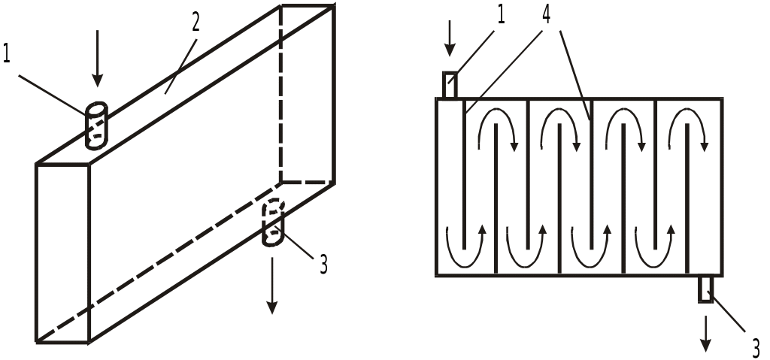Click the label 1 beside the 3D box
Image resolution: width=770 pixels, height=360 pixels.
coord(8,55)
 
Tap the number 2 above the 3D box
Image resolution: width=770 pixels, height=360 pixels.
coord(195,23)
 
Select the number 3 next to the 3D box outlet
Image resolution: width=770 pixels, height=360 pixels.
coord(323,265)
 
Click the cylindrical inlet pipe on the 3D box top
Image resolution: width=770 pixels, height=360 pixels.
coord(96,125)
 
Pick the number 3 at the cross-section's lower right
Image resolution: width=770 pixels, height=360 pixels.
coord(756,346)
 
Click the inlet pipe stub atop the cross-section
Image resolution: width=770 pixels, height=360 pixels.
coord(450,85)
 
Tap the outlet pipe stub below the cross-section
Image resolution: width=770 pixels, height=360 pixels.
coord(705,289)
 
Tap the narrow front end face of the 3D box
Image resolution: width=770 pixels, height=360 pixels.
coord(62,253)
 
